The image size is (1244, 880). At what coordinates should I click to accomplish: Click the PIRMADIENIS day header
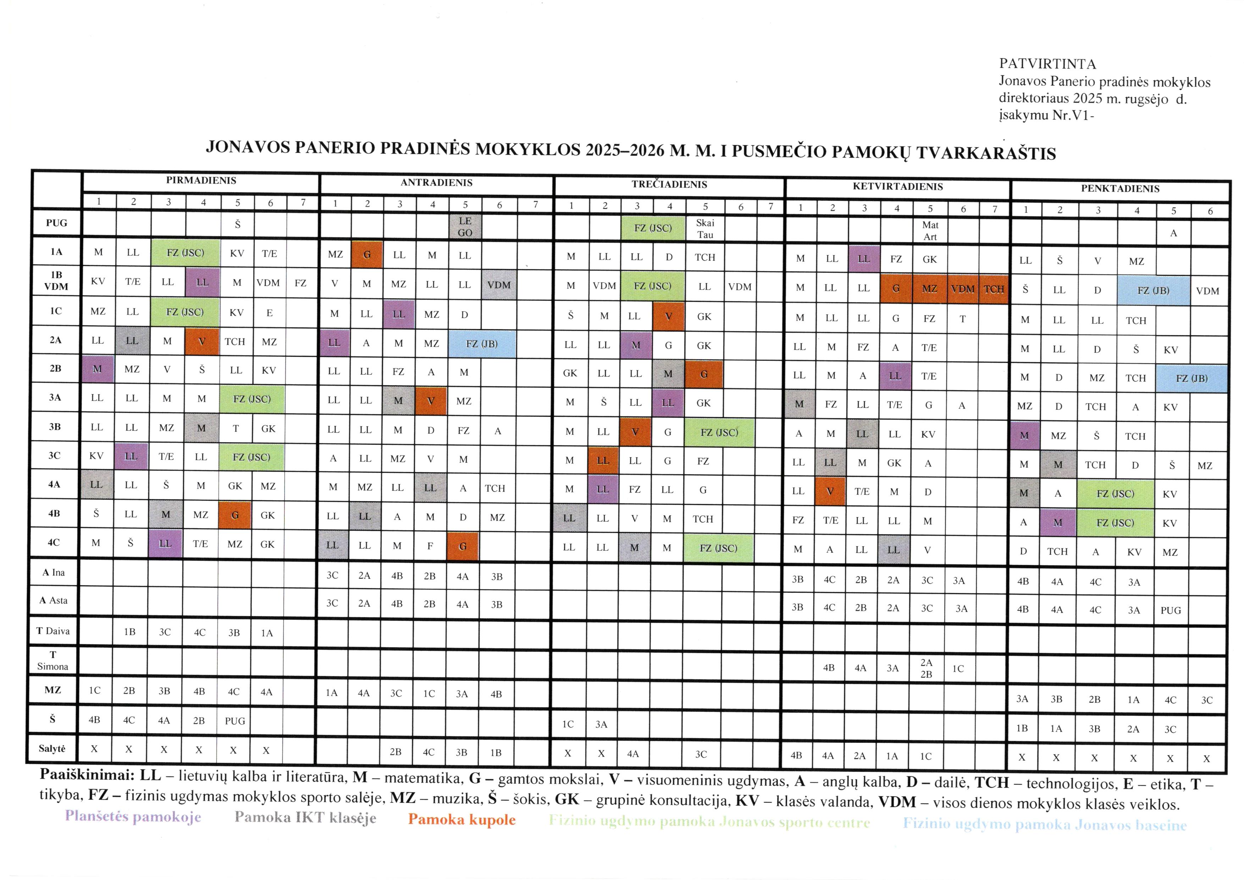coord(201,181)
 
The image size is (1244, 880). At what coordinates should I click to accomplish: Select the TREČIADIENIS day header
coord(669,184)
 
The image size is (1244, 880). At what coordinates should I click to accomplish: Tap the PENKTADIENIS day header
coord(1120,189)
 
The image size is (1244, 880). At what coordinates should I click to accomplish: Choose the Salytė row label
coord(52,748)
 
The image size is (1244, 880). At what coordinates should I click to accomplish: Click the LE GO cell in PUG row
coord(465,227)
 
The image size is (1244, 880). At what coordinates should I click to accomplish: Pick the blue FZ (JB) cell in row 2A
coord(482,344)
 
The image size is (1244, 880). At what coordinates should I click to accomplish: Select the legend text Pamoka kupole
coord(461,819)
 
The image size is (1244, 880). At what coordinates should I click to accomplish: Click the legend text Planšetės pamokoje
coord(133,817)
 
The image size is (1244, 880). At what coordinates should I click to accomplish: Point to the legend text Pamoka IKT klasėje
coord(305,818)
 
